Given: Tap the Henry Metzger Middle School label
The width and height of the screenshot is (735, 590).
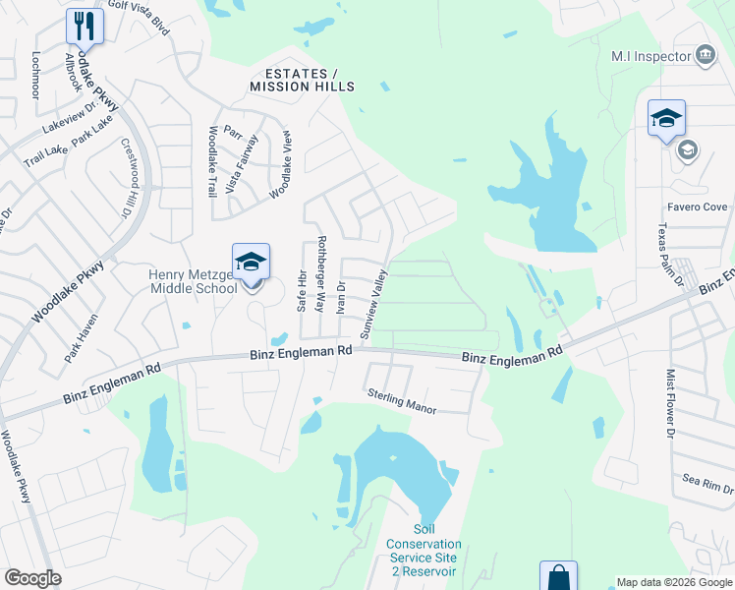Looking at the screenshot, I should click(193, 281).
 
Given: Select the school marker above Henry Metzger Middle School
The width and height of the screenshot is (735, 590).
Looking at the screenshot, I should click(251, 264).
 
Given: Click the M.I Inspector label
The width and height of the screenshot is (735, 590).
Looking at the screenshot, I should click(651, 56).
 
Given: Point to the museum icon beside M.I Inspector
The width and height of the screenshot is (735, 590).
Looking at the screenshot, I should click(705, 55).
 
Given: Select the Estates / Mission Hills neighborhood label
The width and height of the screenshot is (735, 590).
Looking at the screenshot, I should click(302, 80).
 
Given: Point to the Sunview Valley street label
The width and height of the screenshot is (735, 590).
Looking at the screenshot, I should click(374, 304).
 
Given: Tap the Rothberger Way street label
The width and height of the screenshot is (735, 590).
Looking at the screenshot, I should click(320, 272).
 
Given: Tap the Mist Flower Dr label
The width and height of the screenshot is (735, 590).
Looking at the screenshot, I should click(672, 403).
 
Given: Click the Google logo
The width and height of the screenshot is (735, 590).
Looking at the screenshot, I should click(32, 578).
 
